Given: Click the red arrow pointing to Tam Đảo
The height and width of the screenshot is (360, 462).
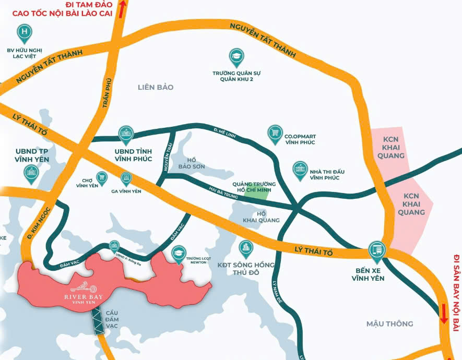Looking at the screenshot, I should pos(123,9).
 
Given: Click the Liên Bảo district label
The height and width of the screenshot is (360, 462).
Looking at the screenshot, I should pos(156,87).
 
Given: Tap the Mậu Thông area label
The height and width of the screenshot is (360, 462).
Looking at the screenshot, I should pos(389,323).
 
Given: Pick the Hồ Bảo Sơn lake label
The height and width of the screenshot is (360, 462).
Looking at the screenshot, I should pos(192,163).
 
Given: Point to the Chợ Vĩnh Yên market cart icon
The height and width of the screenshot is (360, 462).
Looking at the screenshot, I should pos(102,177).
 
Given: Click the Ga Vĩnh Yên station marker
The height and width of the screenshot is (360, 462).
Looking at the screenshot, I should pos(126,178).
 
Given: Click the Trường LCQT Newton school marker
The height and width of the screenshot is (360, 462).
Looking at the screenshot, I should pos(179,253).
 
